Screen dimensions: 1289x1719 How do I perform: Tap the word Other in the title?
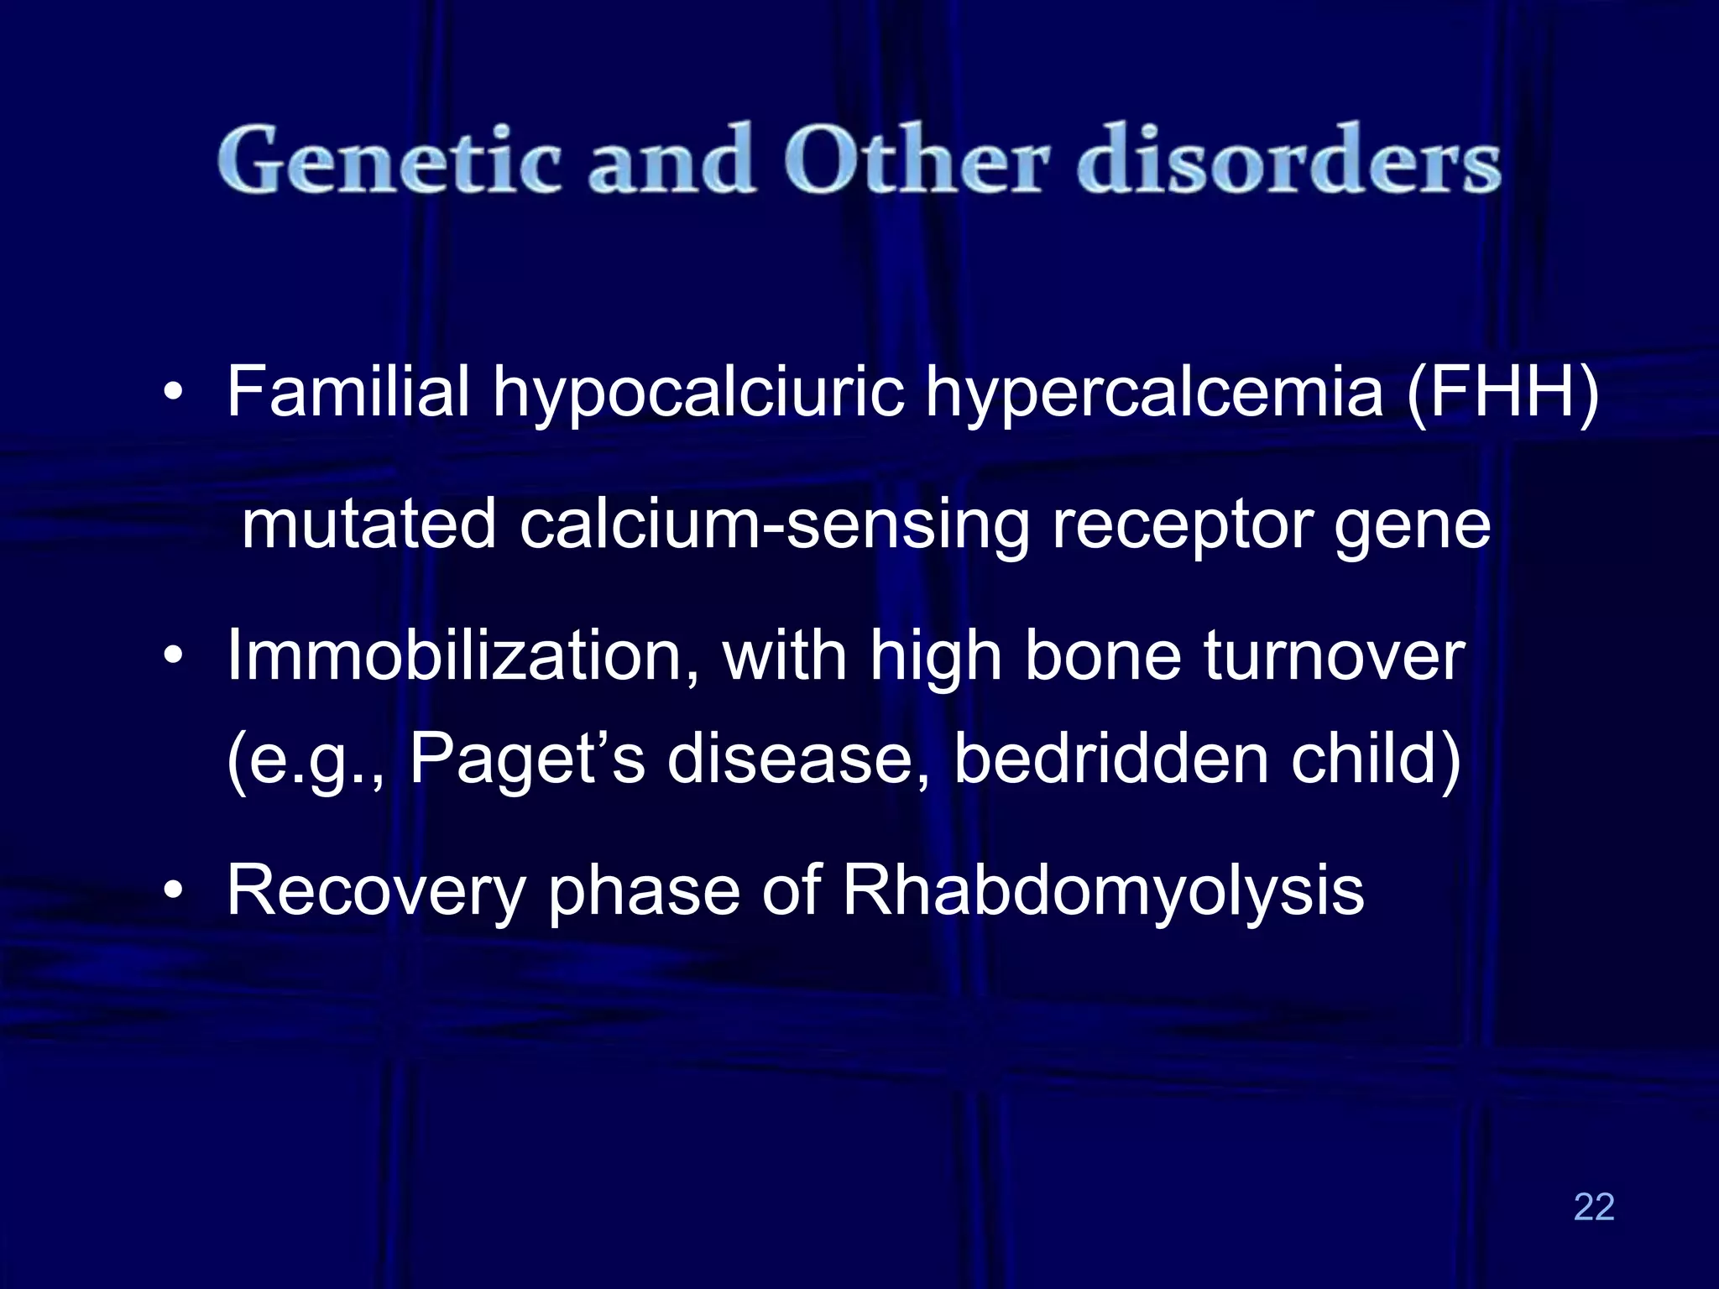916,159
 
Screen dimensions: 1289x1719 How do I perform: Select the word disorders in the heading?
1289,159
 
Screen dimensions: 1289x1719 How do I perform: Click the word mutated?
369,524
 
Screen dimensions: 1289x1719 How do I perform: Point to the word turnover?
1335,656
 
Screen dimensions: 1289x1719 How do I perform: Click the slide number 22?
1594,1207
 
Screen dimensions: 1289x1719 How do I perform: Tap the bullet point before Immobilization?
173,656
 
